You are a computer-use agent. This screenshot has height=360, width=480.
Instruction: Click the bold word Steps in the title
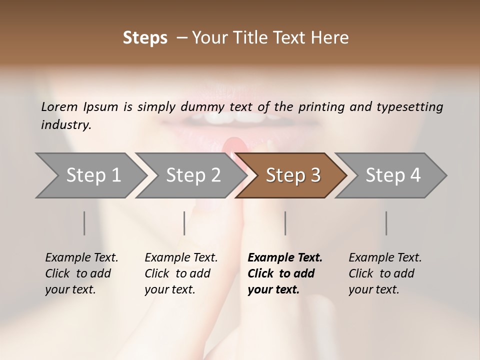(145, 38)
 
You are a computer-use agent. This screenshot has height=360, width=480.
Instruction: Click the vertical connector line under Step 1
(84, 223)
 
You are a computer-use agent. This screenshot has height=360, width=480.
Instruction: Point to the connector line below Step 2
(184, 223)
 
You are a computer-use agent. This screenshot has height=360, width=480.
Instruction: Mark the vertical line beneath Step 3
(285, 223)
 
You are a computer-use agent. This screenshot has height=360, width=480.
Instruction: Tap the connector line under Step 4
(386, 223)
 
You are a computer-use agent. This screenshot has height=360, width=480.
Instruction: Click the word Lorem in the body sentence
(59, 106)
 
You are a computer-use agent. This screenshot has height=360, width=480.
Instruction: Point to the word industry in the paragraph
(65, 125)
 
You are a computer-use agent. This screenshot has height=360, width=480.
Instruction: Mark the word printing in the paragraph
(320, 106)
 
